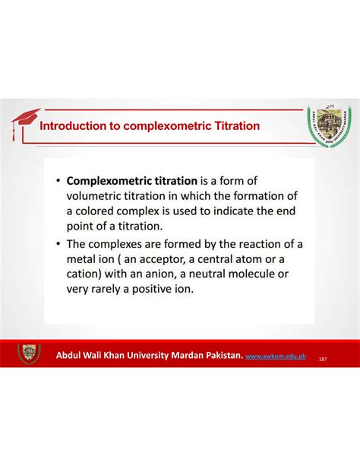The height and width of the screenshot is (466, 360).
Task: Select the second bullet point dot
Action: (x=58, y=244)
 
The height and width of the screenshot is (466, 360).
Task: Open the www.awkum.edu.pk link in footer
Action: (x=277, y=355)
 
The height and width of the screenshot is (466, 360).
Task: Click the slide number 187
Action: (x=323, y=357)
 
